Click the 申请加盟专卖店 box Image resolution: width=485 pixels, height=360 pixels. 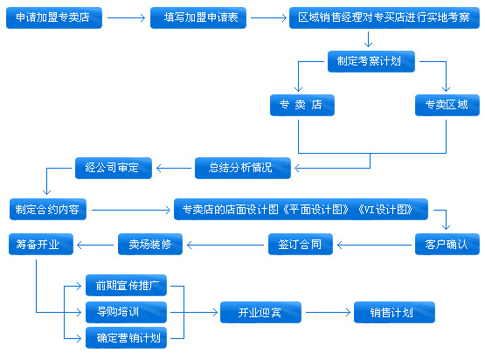pyautogui.click(x=54, y=18)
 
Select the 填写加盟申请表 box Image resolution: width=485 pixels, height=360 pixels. pyautogui.click(x=198, y=18)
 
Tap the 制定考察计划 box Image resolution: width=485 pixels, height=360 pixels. pyautogui.click(x=371, y=61)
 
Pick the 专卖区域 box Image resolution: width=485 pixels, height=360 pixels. pyautogui.click(x=447, y=105)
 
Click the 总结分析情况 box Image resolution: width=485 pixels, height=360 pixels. pyautogui.click(x=243, y=169)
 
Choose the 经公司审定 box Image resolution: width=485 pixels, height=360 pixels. pyautogui.click(x=114, y=169)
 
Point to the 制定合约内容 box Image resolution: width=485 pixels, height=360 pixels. pyautogui.click(x=48, y=210)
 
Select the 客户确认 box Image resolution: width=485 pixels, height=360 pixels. pyautogui.click(x=447, y=245)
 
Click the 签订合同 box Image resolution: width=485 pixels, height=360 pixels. pyautogui.click(x=301, y=245)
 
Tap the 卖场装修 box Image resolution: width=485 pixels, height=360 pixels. pyautogui.click(x=150, y=245)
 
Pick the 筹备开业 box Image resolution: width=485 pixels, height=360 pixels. pyautogui.click(x=41, y=245)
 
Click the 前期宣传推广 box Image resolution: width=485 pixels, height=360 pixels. pyautogui.click(x=126, y=285)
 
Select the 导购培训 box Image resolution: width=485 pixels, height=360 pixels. pyautogui.click(x=126, y=312)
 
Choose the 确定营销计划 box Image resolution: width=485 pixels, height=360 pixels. pyautogui.click(x=126, y=338)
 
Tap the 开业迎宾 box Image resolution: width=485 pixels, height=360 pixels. pyautogui.click(x=260, y=312)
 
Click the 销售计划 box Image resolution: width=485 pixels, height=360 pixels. pyautogui.click(x=394, y=312)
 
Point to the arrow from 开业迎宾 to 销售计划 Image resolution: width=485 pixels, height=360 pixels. pyautogui.click(x=328, y=312)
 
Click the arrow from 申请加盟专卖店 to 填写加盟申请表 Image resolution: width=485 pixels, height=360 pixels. pyautogui.click(x=126, y=17)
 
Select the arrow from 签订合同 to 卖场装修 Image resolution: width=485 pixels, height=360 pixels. pyautogui.click(x=225, y=246)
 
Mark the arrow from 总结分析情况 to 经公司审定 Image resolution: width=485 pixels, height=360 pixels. pyautogui.click(x=174, y=169)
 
